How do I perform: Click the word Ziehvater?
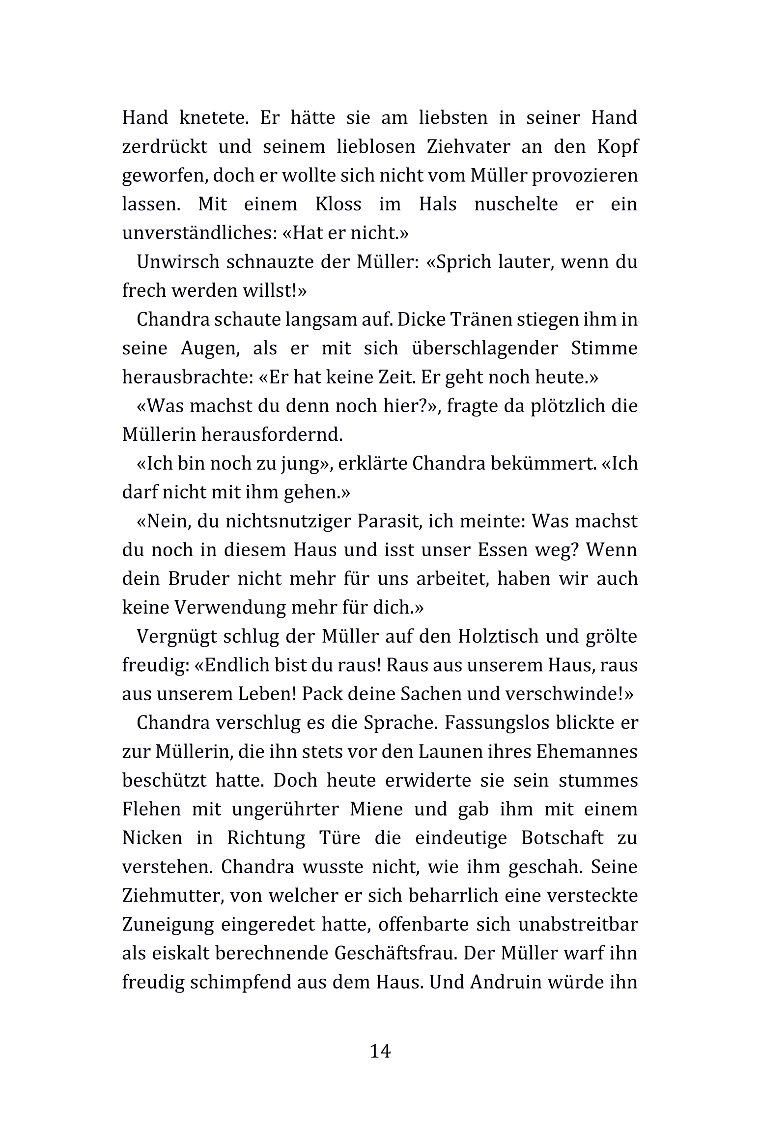point(466,147)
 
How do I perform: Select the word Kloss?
point(338,204)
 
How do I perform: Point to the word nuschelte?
point(516,204)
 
